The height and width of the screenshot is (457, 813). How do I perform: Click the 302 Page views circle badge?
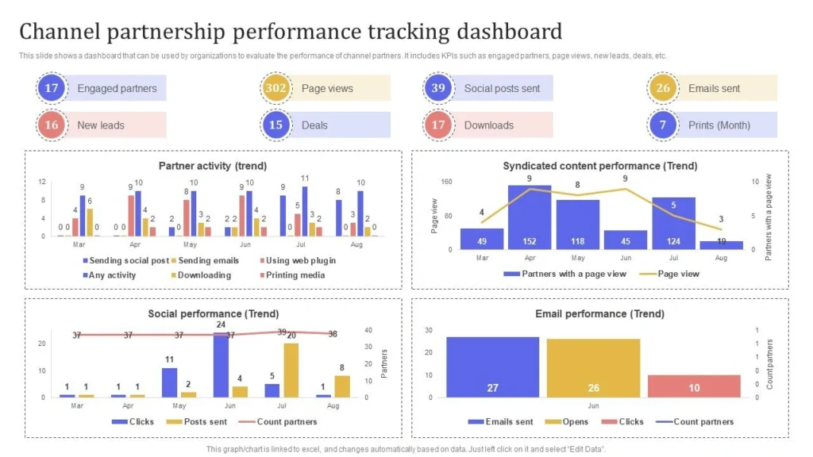point(275,88)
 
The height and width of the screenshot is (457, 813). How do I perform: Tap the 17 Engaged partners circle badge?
point(51,88)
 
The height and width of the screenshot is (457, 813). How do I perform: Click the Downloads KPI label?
point(488,125)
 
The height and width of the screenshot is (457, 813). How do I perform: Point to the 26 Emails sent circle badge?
point(662,88)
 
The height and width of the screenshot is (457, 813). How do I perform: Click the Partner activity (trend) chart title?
point(213,166)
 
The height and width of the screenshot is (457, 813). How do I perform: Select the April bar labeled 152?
point(530,217)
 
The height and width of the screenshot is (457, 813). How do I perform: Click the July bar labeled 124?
point(673,223)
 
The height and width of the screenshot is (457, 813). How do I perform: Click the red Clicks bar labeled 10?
point(694,386)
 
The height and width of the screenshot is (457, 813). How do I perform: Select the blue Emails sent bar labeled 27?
point(492,366)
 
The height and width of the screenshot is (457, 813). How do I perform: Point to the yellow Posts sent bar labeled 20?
point(291,370)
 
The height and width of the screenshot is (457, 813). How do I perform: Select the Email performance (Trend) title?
point(599,313)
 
